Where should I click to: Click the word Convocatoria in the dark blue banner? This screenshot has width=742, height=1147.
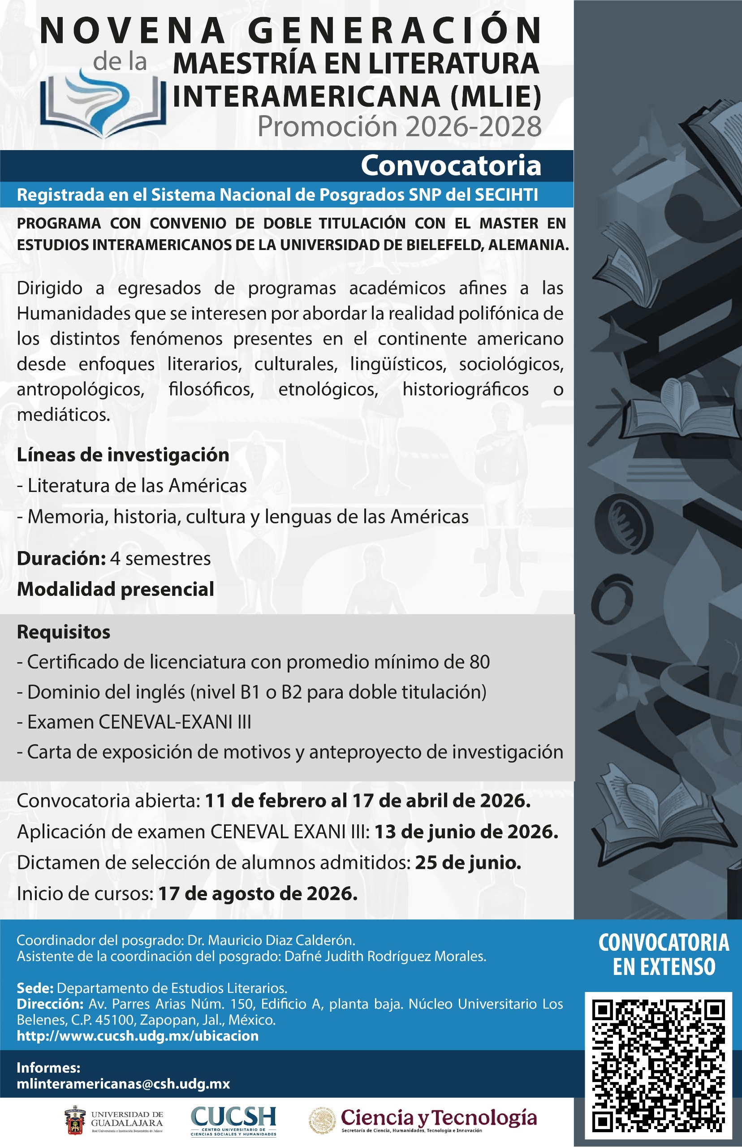451,166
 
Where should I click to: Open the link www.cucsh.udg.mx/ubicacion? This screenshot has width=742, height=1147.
138,1036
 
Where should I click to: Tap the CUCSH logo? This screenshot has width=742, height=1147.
234,1121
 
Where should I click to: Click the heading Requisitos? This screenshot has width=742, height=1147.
64,632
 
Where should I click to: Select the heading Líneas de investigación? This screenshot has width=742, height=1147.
123,455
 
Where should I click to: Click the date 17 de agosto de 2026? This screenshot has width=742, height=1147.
258,893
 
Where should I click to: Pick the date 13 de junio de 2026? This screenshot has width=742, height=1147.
466,832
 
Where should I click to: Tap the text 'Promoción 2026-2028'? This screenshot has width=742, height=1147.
399,127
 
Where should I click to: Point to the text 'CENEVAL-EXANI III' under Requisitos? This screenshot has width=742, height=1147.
175,722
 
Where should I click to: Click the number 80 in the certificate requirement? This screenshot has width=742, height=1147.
479,662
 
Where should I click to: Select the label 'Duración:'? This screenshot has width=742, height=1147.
61,559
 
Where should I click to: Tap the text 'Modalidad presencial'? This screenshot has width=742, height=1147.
116,590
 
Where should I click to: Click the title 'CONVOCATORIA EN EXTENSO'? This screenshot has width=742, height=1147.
664,955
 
